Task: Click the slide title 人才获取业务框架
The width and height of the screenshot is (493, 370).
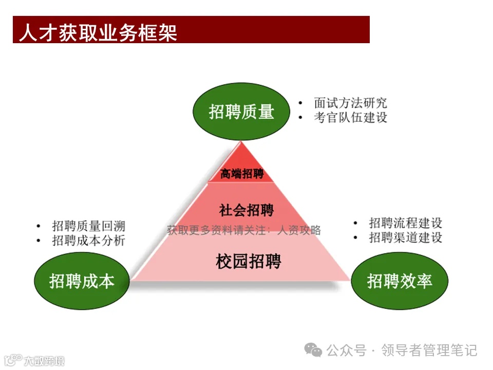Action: coord(98,32)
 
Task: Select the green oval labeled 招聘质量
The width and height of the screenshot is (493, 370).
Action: coord(241,112)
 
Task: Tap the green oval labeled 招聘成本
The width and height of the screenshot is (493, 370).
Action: coord(82,281)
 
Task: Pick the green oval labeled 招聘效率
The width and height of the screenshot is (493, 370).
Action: coord(400,281)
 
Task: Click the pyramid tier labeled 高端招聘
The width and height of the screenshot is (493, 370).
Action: coord(241,174)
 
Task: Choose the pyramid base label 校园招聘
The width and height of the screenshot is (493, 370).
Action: coord(249,262)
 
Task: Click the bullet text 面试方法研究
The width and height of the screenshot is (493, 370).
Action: coord(351,103)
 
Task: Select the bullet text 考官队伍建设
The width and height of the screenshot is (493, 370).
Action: coord(351,117)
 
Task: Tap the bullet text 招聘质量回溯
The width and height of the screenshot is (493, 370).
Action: coord(89,226)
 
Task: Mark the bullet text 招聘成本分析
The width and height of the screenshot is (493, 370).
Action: coord(89,240)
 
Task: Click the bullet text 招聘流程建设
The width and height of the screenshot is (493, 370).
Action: coord(406,223)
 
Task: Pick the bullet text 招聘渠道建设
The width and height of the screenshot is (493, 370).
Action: coord(406,237)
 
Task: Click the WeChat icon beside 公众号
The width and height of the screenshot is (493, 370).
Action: coord(313,350)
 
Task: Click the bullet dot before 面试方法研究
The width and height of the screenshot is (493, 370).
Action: coord(301,103)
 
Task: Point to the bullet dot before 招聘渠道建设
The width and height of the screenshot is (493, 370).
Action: coord(355,238)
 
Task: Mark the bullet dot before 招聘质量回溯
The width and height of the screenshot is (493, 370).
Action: coord(39,227)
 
